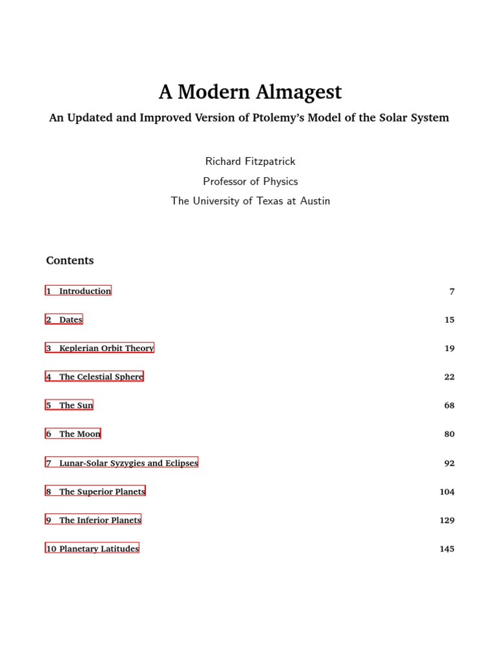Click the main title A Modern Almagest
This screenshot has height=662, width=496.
pos(250,92)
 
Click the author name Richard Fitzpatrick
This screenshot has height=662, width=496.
pos(250,161)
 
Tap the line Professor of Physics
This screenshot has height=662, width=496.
pos(250,181)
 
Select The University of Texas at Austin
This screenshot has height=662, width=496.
pos(250,201)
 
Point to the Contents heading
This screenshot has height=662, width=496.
pos(70,261)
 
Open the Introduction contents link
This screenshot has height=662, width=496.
pos(78,291)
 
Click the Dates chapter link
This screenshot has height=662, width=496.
pos(64,319)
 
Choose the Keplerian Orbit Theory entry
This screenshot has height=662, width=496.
pos(99,348)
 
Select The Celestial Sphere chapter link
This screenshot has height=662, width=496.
pos(94,376)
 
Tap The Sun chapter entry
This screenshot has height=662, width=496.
pos(69,405)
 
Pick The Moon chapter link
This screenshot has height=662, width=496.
pos(73,434)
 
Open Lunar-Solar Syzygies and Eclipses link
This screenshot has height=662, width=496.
pos(121,463)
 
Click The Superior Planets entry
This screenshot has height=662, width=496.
pos(95,491)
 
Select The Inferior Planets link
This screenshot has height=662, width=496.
pos(93,520)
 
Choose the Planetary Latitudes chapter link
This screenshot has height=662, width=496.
pos(92,548)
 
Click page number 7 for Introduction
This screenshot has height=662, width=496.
pos(452,292)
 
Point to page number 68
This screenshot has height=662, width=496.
pos(449,405)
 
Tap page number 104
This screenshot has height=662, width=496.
pos(447,492)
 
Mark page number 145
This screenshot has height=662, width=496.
pos(447,549)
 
